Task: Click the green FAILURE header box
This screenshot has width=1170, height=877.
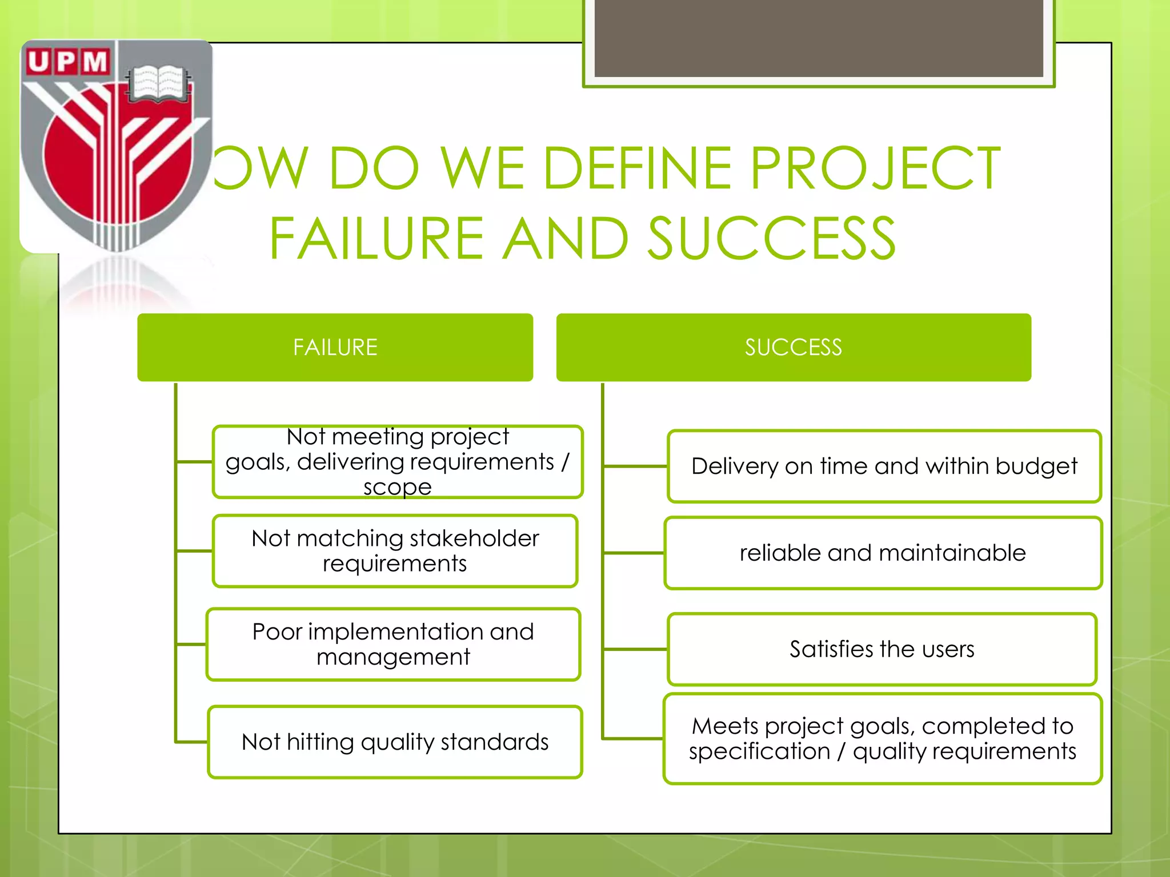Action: (335, 347)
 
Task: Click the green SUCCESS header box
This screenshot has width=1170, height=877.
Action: (793, 347)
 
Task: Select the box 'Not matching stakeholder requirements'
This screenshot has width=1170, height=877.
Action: (395, 551)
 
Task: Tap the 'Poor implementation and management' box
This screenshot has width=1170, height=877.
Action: (393, 644)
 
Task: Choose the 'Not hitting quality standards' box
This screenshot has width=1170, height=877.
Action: (395, 742)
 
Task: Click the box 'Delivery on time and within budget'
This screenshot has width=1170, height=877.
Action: (884, 466)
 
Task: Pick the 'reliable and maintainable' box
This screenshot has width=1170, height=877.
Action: (883, 553)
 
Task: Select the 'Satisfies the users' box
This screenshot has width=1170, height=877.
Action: (881, 649)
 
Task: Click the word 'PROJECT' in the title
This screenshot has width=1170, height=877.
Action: (875, 168)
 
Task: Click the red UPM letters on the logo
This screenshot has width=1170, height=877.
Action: (67, 62)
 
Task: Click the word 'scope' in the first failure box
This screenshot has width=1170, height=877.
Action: (398, 487)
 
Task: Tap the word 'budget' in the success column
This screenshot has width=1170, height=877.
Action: (1036, 466)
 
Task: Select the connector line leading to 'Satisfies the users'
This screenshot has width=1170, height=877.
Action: (635, 649)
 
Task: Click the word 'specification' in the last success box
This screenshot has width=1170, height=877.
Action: (759, 751)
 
